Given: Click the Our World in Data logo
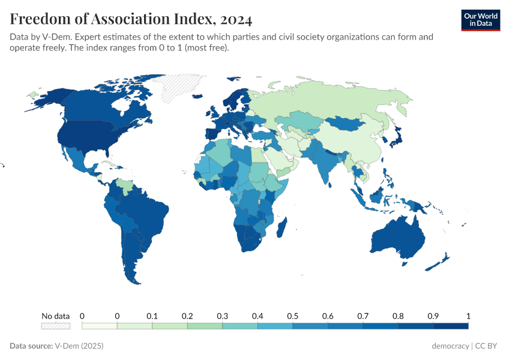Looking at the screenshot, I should [481, 20].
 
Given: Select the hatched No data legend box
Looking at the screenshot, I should [55, 326].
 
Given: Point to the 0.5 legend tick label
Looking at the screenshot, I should [292, 316].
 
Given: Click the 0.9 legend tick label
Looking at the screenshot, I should [433, 316].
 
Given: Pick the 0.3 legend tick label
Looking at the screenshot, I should [222, 316].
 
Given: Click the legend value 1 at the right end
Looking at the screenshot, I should [468, 316].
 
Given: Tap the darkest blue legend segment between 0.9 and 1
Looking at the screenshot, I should [450, 326].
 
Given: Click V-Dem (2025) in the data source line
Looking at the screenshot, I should [79, 346].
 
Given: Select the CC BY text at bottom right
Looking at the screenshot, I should [488, 346].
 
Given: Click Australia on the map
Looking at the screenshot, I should [397, 240].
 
